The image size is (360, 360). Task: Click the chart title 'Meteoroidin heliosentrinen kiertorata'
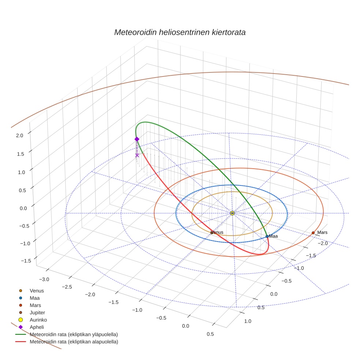coord(180,32)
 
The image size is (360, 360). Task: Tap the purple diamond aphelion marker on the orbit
coord(137,139)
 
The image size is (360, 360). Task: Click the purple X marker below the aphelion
coord(137,155)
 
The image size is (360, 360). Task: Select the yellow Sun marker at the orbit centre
coord(232,213)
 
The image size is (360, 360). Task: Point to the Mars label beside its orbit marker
coord(322,232)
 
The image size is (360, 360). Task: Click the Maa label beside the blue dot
coord(273,236)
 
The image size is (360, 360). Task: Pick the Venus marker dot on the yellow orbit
coord(211,232)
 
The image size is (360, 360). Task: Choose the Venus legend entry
coord(37,291)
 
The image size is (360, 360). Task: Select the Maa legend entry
coord(35,298)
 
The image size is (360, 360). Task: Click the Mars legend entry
coord(35,305)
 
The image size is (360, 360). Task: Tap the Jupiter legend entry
coord(38,312)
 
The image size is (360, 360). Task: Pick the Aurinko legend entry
coord(38,320)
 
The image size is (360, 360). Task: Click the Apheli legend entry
coord(37,327)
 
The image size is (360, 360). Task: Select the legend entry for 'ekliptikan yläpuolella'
coord(74,334)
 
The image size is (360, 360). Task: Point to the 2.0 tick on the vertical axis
coord(19,135)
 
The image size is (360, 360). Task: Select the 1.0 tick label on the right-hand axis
coord(247,321)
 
